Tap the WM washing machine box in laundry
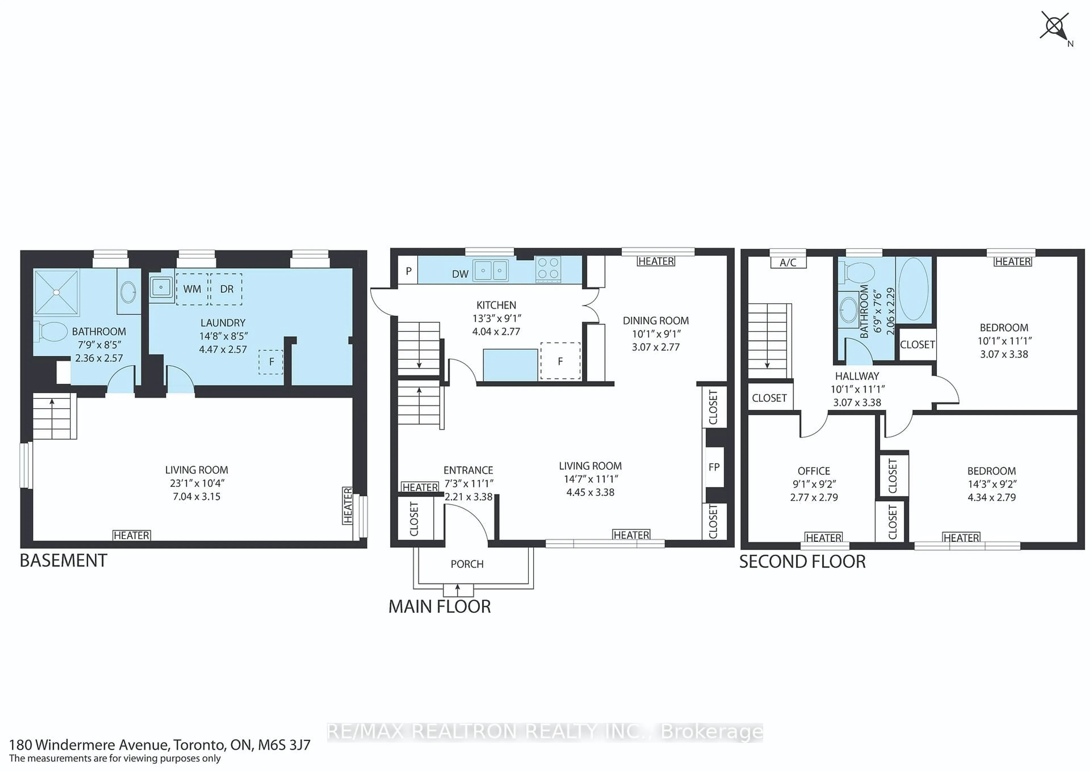point(192,289)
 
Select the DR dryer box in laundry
point(227,289)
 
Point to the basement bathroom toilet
point(51,331)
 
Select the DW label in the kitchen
point(460,274)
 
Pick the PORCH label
point(467,564)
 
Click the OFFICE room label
point(814,471)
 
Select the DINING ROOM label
point(656,320)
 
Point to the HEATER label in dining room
point(656,261)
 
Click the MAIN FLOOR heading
point(440,607)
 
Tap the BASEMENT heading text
point(64,561)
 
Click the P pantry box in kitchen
point(408,271)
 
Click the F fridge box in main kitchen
point(560,361)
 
